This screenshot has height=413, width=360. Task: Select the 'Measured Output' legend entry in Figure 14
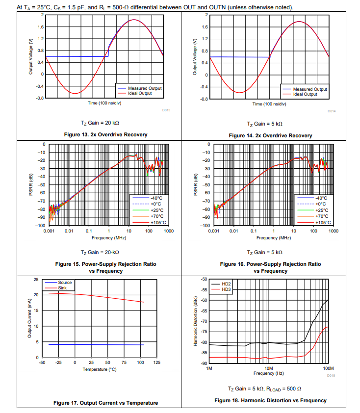click(x=309, y=89)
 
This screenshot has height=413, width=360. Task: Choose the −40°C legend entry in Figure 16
click(x=320, y=197)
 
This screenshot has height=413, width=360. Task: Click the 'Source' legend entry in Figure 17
click(x=65, y=283)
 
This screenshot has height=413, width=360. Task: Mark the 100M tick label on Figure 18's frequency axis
click(x=328, y=368)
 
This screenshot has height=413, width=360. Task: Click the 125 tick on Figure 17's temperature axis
click(x=157, y=362)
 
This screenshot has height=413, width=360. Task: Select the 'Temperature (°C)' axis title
click(x=100, y=369)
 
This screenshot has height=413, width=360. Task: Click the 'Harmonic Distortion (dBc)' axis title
click(x=195, y=321)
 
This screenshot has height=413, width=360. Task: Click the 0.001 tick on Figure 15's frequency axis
click(x=49, y=230)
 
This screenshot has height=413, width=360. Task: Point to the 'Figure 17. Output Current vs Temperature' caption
click(x=105, y=403)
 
